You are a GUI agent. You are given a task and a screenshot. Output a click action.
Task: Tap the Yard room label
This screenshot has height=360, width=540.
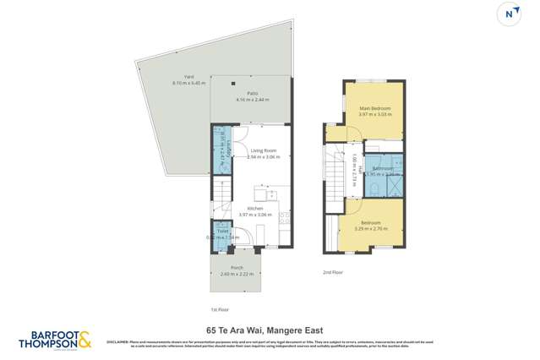click(177, 77)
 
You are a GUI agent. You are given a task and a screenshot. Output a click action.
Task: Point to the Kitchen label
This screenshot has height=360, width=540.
click(254, 208)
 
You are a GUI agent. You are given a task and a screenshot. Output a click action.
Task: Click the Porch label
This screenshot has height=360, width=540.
click(237, 268)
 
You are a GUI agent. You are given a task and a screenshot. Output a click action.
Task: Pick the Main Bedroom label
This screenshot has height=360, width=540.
click(374, 108)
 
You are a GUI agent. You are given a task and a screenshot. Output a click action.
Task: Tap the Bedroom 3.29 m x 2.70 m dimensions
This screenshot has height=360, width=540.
click(373, 228)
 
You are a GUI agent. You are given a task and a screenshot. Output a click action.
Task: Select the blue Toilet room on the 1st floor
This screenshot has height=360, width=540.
click(222, 233)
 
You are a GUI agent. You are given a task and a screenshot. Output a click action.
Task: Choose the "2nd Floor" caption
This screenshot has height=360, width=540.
click(332, 273)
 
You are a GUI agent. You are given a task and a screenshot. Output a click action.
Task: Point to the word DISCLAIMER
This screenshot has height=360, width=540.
click(117, 341)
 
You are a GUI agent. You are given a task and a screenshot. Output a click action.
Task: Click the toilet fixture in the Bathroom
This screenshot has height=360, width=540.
click(374, 187)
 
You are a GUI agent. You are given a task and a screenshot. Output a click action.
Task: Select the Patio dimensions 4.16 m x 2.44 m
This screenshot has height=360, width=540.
click(252, 100)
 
